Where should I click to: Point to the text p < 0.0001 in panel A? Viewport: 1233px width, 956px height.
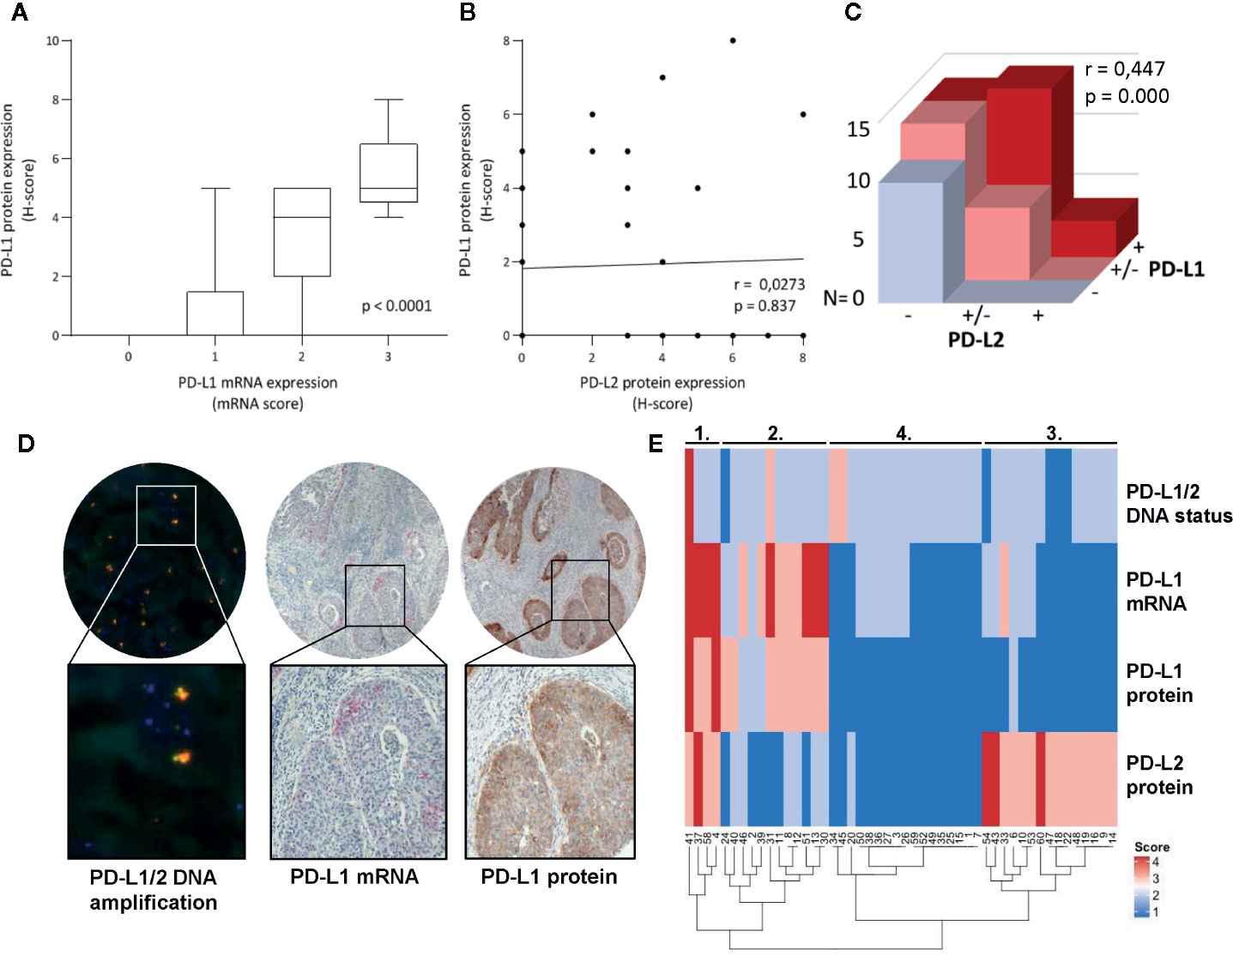(396, 305)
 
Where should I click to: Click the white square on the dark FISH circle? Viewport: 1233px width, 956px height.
(166, 514)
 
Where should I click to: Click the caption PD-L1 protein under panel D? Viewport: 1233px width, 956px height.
(549, 877)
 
